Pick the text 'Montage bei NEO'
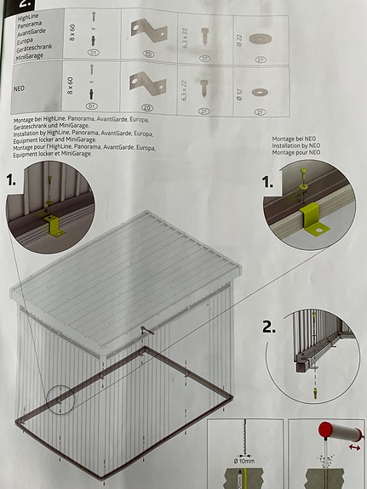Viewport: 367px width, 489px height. tap(295, 138)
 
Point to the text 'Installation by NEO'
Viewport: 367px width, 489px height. tap(295, 146)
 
